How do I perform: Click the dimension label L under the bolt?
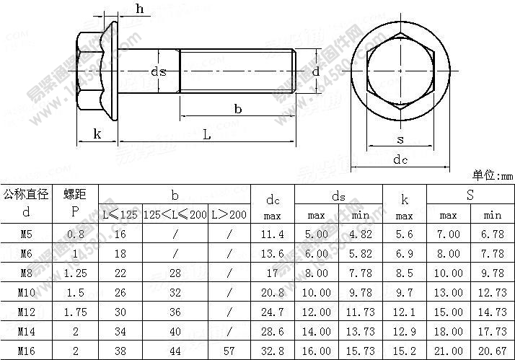(x=206, y=135)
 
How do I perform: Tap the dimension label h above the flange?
(x=139, y=9)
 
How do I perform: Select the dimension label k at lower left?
(x=96, y=135)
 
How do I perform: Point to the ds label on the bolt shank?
(x=159, y=71)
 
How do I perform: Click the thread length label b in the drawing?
(x=237, y=108)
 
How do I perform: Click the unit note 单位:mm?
(x=492, y=175)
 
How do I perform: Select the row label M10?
(x=26, y=294)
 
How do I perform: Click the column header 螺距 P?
(x=74, y=203)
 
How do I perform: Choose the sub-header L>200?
(x=229, y=215)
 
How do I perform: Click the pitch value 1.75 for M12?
(x=74, y=314)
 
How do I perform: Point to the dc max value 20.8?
(x=272, y=294)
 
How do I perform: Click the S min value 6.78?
(x=492, y=234)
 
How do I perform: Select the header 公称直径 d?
(x=26, y=203)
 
